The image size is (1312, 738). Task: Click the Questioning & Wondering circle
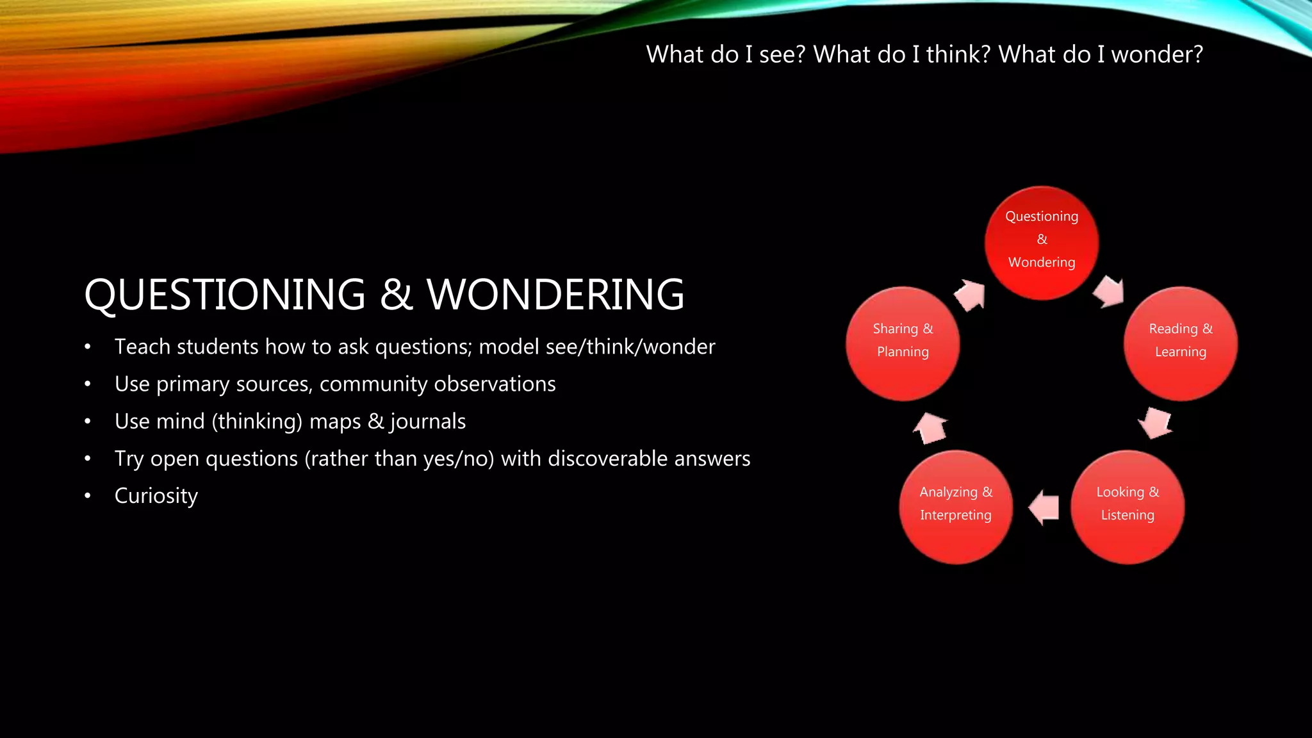(x=1042, y=243)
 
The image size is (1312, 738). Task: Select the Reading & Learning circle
(x=1180, y=343)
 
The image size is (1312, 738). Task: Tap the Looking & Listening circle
(x=1127, y=507)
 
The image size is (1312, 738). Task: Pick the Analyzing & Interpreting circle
(x=955, y=507)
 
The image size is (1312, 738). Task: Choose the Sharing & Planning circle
(x=903, y=343)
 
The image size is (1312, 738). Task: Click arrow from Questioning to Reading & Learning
(x=1109, y=292)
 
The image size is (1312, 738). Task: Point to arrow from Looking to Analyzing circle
(x=1044, y=507)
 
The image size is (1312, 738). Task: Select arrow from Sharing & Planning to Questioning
(x=970, y=295)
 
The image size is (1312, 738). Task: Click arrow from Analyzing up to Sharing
(x=930, y=428)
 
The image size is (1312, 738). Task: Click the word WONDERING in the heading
(x=555, y=295)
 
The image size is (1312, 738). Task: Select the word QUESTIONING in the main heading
(x=225, y=295)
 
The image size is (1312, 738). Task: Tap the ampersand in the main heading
(x=396, y=295)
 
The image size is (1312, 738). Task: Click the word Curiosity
(x=156, y=496)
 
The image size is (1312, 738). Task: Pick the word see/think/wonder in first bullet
(x=630, y=347)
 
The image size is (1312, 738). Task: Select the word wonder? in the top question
(x=1157, y=54)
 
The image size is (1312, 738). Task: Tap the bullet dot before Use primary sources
(x=88, y=384)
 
